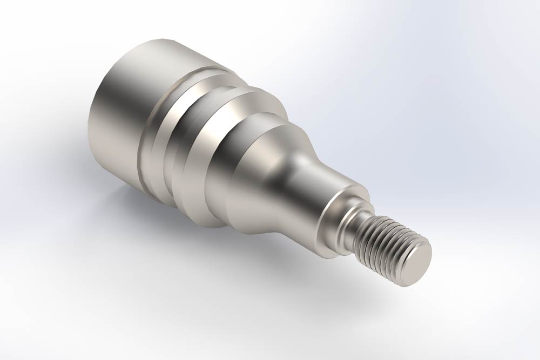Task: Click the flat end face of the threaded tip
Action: (417, 263)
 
